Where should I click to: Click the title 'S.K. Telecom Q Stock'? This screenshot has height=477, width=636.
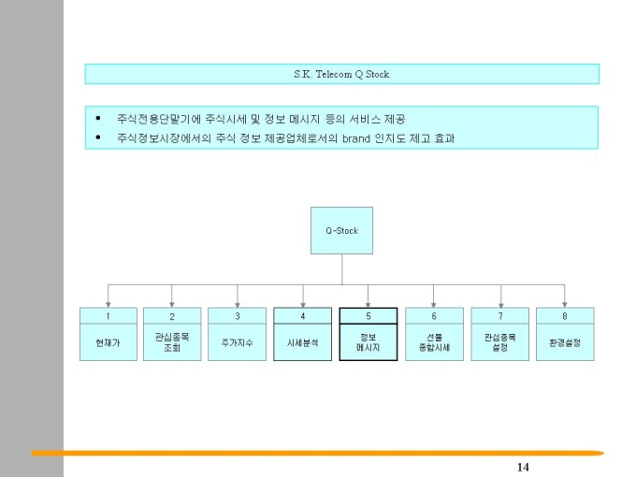tap(341, 73)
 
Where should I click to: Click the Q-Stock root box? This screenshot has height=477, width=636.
tap(341, 230)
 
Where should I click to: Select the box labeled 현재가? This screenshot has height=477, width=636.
tap(108, 343)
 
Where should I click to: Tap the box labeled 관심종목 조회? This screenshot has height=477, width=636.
tap(172, 342)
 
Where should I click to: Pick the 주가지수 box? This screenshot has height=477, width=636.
tap(238, 343)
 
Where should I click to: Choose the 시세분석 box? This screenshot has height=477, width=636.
tap(303, 343)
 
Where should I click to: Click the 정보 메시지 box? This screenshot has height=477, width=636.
tap(369, 342)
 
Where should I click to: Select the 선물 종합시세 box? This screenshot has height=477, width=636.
tap(434, 342)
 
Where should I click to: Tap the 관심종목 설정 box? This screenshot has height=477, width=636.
tap(499, 342)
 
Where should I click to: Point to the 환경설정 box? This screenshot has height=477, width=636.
tap(565, 343)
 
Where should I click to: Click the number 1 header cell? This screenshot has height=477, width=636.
tap(108, 316)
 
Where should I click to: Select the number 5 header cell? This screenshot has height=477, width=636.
tap(369, 316)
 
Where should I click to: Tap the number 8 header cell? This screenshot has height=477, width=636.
tap(565, 316)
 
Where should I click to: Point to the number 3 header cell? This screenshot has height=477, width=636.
tap(238, 316)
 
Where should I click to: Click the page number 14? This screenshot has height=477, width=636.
tap(522, 467)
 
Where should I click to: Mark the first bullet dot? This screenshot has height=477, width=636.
tap(98, 119)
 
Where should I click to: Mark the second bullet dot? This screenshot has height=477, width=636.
tap(98, 138)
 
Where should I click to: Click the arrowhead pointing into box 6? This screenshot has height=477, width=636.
tap(434, 304)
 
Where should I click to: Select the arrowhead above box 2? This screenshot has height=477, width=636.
tap(172, 304)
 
